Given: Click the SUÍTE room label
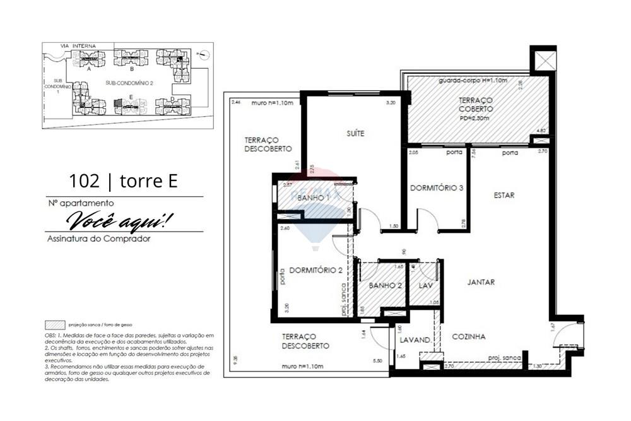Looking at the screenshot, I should (355, 133).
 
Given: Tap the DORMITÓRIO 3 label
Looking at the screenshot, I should (436, 188).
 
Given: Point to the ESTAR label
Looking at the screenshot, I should (504, 196).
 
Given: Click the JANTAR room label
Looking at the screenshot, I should (481, 283).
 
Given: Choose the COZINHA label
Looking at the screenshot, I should (468, 337).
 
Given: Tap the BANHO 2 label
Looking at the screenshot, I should (386, 286).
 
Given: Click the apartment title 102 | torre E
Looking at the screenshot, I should (123, 182).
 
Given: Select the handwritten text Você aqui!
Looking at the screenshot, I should (119, 220).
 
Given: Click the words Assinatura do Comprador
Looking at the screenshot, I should (98, 239).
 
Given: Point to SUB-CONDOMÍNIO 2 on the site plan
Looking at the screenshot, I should (129, 83).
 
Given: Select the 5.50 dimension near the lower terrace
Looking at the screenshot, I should (378, 360).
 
